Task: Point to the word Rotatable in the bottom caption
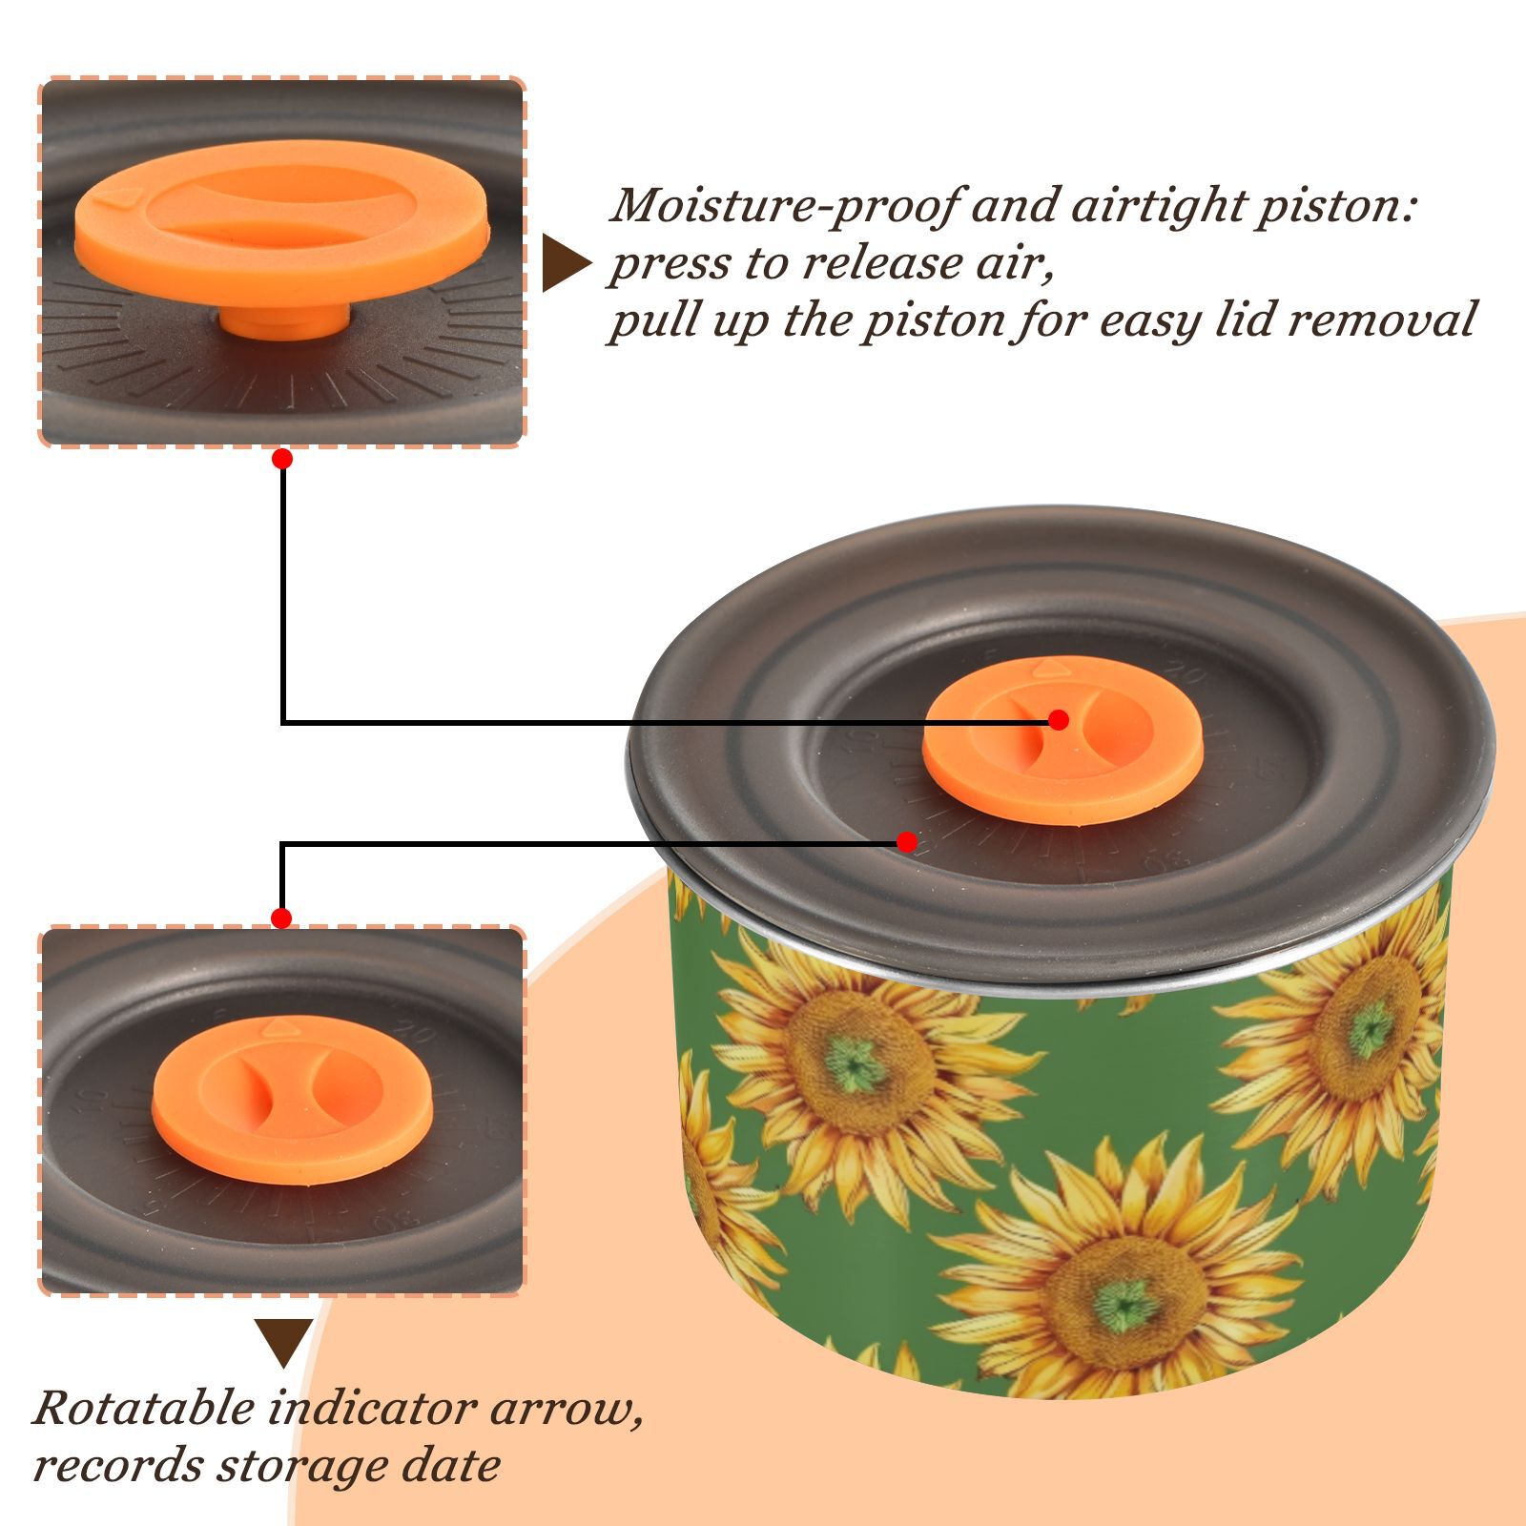tap(143, 1408)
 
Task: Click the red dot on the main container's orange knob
tap(1058, 720)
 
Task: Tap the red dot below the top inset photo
tap(282, 459)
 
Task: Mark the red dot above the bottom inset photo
tap(281, 918)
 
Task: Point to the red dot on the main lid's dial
tap(907, 842)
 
